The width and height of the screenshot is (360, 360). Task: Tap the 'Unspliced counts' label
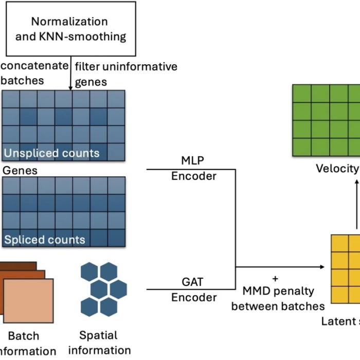[51, 153]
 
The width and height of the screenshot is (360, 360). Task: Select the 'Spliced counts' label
[45, 240]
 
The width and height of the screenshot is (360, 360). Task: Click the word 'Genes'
[20, 170]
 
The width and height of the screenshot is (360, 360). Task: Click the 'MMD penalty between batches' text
[278, 298]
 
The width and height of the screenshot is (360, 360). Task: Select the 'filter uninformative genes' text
[125, 74]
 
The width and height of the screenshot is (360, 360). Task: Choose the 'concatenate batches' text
[34, 73]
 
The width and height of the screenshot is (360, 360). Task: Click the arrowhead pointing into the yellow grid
[322, 267]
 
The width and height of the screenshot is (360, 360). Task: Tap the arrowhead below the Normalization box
[70, 88]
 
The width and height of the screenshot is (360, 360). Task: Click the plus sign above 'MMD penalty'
[275, 278]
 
